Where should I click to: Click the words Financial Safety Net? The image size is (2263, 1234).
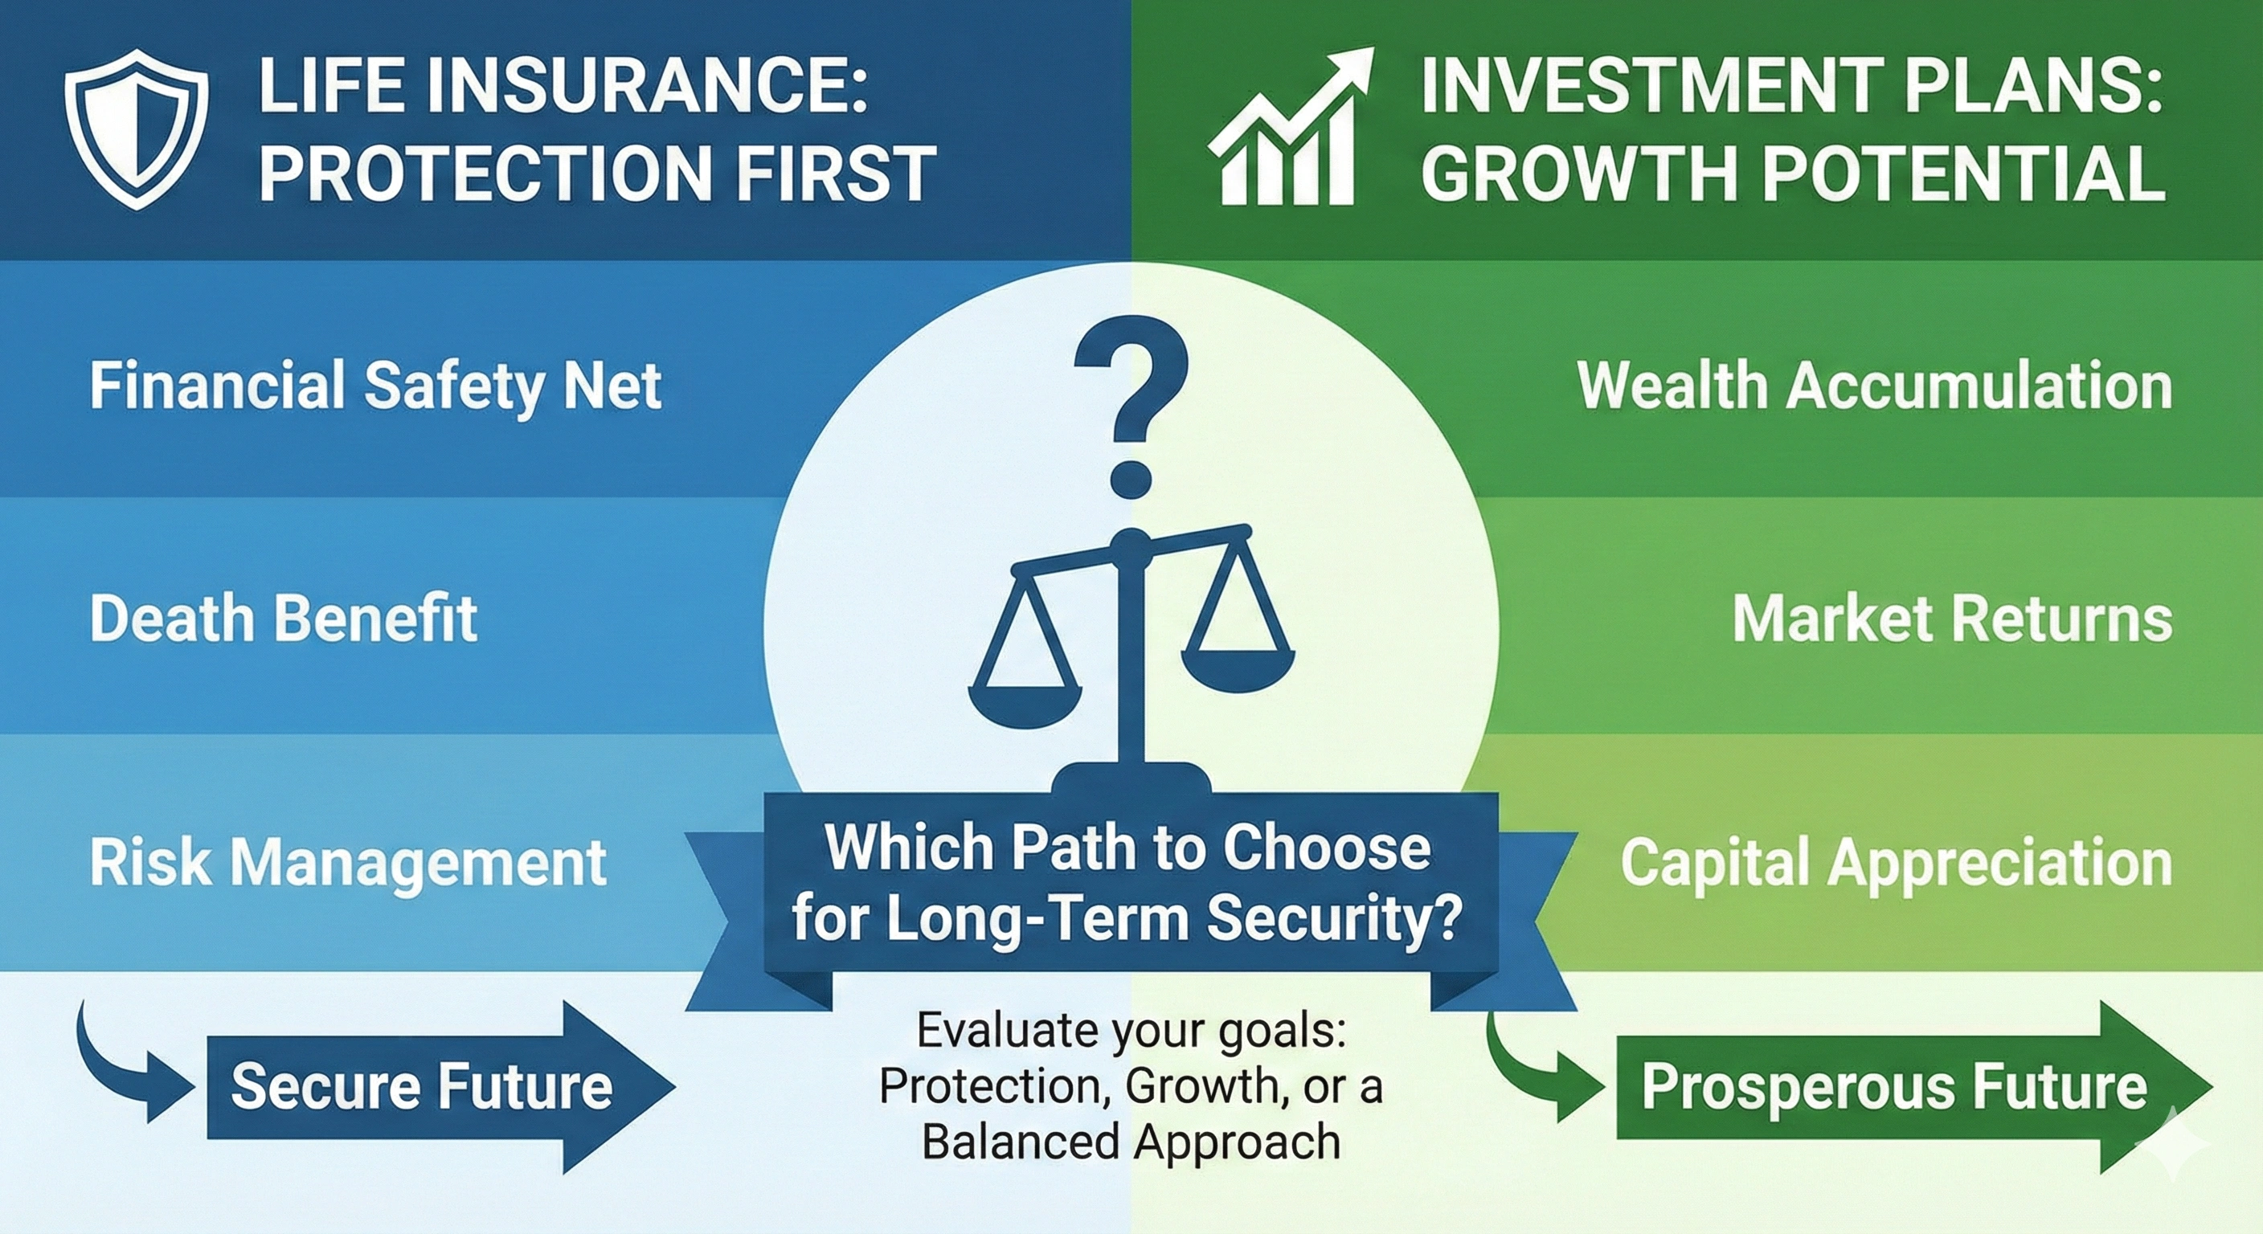(375, 386)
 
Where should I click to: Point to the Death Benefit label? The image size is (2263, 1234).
(283, 619)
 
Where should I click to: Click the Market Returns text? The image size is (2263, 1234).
(1952, 619)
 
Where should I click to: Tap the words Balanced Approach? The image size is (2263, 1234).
(1131, 1142)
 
